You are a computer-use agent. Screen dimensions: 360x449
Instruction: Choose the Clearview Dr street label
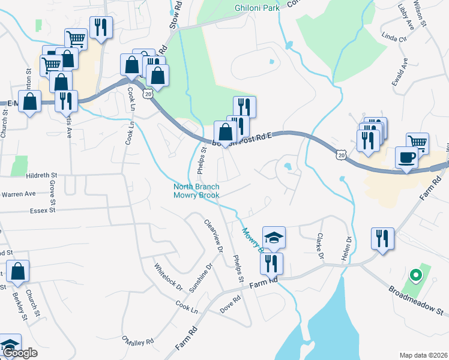pyautogui.click(x=214, y=235)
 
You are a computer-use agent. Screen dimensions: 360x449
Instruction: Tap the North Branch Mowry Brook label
pyautogui.click(x=196, y=191)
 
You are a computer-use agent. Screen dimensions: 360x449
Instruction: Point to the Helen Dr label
pyautogui.click(x=348, y=247)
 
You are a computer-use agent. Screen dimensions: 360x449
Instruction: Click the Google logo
pyautogui.click(x=20, y=353)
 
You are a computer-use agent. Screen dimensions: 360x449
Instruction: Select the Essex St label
pyautogui.click(x=41, y=211)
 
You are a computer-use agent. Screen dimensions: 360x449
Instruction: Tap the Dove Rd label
pyautogui.click(x=230, y=307)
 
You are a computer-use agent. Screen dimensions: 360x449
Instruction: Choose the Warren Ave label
pyautogui.click(x=18, y=194)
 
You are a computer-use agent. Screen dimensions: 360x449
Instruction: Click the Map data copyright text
pyautogui.click(x=423, y=355)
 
